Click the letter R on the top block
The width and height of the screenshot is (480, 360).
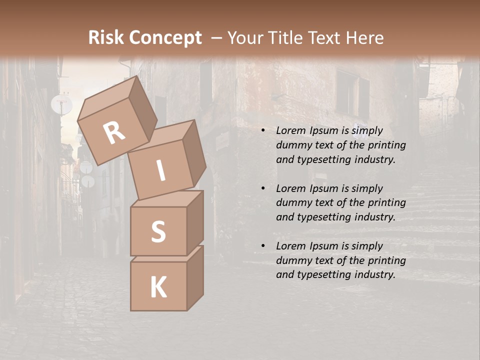(114, 132)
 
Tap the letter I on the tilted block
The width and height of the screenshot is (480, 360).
(160, 170)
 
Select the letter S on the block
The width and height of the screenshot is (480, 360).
(158, 231)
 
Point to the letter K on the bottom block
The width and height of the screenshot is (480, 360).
(158, 287)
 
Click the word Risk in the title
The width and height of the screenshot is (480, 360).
(105, 37)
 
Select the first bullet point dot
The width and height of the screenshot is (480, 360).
(262, 130)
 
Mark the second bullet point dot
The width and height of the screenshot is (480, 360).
(262, 188)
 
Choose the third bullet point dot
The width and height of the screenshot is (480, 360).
(262, 246)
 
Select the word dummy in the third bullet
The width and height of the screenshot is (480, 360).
(292, 260)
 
